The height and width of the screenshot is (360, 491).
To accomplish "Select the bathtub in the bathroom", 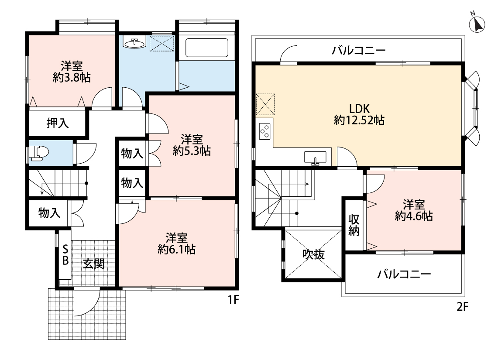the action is pyautogui.click(x=207, y=48).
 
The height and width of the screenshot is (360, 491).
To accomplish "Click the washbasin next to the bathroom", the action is pyautogui.click(x=135, y=43).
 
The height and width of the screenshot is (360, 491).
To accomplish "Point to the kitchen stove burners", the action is pyautogui.click(x=264, y=131).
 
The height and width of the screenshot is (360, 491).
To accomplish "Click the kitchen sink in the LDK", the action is pyautogui.click(x=315, y=158).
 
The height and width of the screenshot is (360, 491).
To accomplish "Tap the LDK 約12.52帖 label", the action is pyautogui.click(x=359, y=115).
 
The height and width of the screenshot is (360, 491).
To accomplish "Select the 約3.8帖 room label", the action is pyautogui.click(x=72, y=72).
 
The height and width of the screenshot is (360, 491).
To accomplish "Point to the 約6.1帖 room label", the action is pyautogui.click(x=177, y=243).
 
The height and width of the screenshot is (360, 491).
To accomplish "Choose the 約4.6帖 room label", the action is pyautogui.click(x=414, y=210).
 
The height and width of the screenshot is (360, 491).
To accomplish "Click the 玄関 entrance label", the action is pyautogui.click(x=94, y=264).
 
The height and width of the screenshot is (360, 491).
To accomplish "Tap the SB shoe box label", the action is pyautogui.click(x=65, y=255).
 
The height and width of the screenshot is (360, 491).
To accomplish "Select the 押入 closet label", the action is pyautogui.click(x=58, y=123).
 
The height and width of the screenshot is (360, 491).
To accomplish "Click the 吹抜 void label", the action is pyautogui.click(x=313, y=254).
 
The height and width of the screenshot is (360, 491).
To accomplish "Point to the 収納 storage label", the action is pyautogui.click(x=354, y=225).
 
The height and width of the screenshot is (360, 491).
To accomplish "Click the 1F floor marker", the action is pyautogui.click(x=233, y=300).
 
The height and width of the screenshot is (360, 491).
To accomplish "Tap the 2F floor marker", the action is pyautogui.click(x=462, y=306).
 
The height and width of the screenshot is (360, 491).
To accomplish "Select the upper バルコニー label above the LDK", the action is pyautogui.click(x=359, y=50).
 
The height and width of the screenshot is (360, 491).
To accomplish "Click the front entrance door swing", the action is pyautogui.click(x=87, y=302).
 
